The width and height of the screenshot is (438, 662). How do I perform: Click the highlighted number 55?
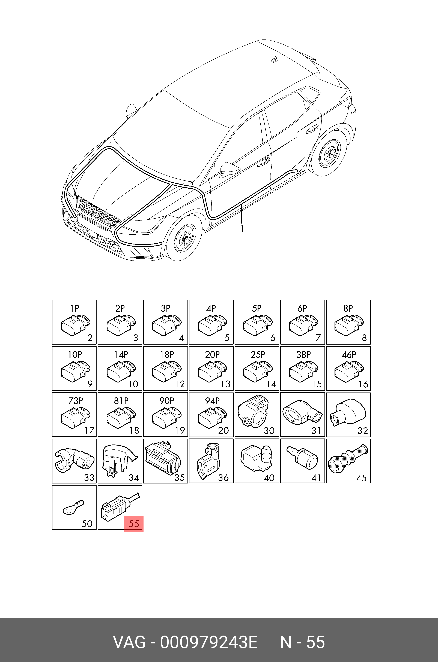point(134,523)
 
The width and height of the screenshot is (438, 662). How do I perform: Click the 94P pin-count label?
point(212,401)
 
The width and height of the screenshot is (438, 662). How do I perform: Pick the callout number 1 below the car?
point(242,229)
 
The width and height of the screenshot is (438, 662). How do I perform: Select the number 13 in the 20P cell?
point(225,384)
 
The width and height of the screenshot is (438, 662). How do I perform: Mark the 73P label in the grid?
point(75,401)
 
